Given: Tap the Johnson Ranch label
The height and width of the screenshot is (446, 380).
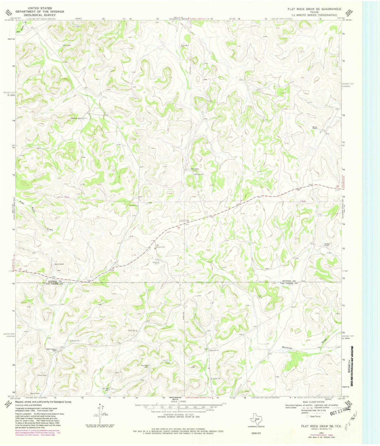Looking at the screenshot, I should (327, 244).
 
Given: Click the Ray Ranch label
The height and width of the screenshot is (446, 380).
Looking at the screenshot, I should (194, 169).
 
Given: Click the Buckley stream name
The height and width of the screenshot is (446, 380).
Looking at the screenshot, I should (287, 348).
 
